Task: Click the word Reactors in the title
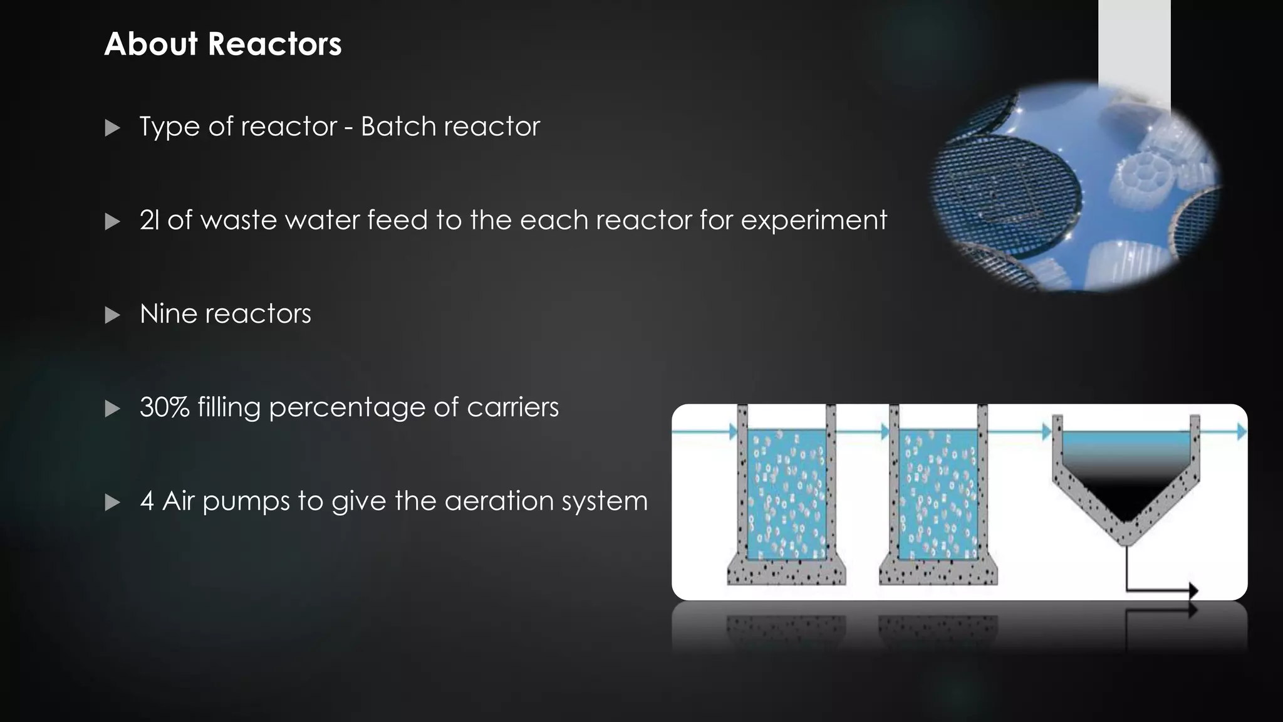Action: [274, 44]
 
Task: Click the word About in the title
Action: [151, 44]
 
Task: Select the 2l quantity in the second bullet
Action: [150, 220]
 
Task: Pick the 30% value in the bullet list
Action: [165, 407]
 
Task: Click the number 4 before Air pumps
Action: [147, 501]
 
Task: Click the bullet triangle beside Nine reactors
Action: [113, 315]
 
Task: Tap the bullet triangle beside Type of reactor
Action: [113, 128]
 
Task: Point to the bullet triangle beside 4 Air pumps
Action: [113, 503]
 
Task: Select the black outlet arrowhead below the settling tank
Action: [1193, 590]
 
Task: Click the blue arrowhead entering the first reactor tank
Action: [734, 431]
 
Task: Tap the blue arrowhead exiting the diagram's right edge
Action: [1241, 431]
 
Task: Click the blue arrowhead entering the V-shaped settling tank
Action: [1046, 431]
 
